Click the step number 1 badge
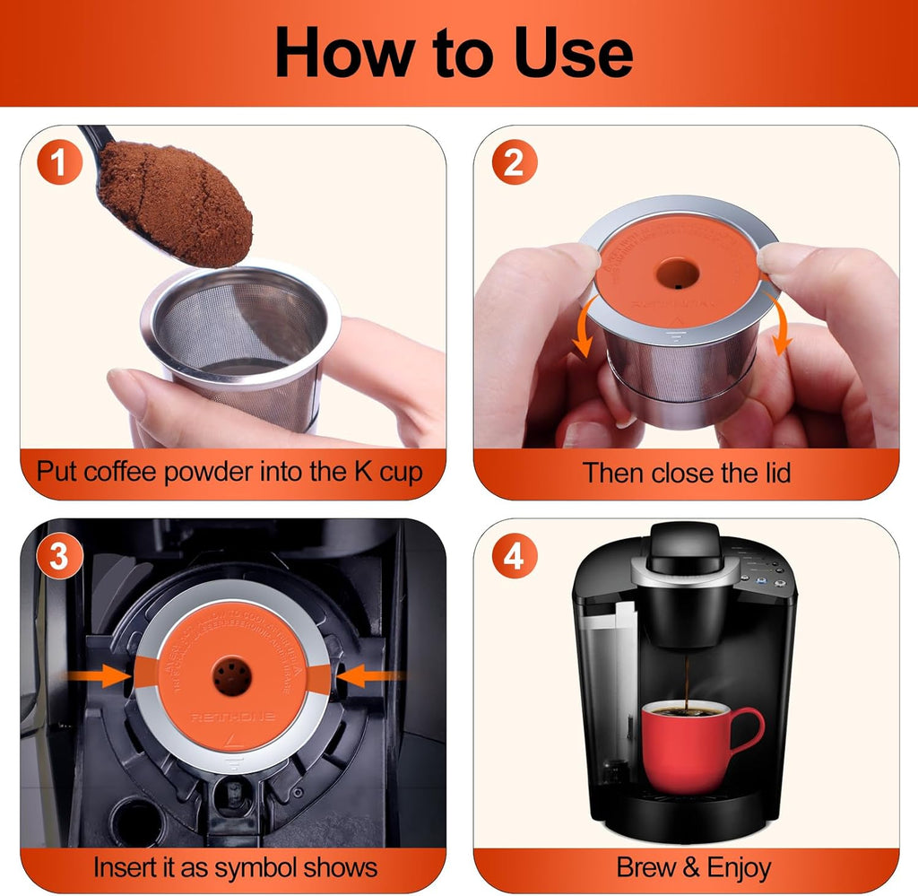point(59,163)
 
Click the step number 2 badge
point(515,163)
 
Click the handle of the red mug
point(747,731)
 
